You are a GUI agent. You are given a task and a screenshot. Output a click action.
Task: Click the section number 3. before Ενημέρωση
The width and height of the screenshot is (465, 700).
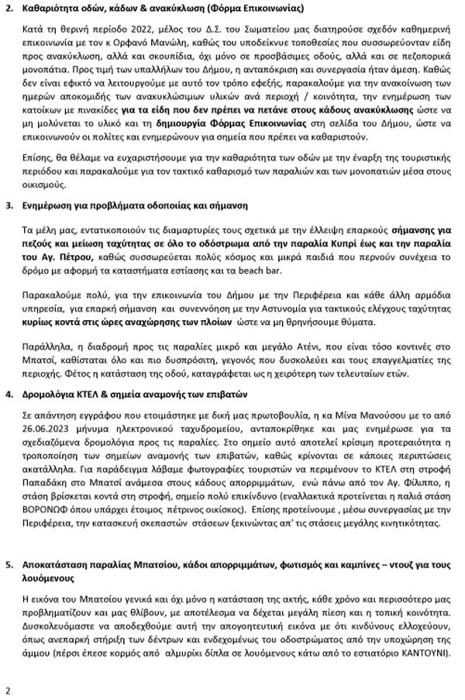pos(10,208)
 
